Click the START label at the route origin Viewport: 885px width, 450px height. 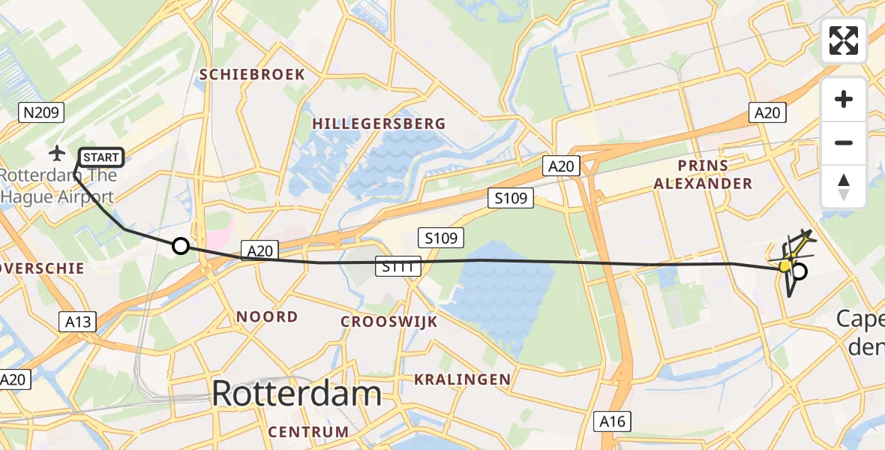[x=100, y=157]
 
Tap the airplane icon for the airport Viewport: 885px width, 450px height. [x=56, y=154]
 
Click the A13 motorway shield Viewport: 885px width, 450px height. [x=77, y=322]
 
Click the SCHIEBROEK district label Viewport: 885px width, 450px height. [x=252, y=74]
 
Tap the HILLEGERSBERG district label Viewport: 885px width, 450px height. [x=379, y=124]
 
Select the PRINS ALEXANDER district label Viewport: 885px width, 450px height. [x=703, y=174]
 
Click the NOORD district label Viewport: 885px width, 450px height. [x=267, y=316]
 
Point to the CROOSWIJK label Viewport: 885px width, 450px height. [x=388, y=322]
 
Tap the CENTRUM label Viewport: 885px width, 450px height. [x=308, y=432]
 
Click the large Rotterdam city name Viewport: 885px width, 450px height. [x=297, y=394]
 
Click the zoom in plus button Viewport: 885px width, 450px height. [x=844, y=99]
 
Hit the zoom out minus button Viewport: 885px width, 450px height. [x=844, y=142]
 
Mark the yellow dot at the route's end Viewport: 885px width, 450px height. [x=785, y=265]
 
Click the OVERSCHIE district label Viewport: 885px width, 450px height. [x=42, y=268]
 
